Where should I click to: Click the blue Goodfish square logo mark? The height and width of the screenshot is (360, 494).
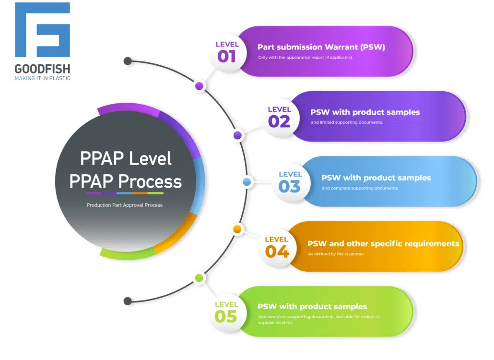tap(42, 30)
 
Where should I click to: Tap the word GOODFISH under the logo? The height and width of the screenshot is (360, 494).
tap(42, 69)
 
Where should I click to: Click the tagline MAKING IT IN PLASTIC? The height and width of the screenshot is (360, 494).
tap(42, 78)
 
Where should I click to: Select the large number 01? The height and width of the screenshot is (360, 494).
tap(226, 57)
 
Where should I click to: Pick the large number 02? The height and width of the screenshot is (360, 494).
tap(279, 121)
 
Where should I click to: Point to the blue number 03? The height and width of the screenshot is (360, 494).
tap(290, 186)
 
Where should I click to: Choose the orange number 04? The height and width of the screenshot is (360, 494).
tap(277, 252)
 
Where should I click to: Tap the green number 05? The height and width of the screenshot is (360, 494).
tap(225, 316)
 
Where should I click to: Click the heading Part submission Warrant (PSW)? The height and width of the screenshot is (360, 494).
tap(321, 48)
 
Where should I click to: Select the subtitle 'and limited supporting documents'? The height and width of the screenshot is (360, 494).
tap(347, 122)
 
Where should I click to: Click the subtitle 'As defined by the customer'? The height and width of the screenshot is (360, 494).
tap(336, 254)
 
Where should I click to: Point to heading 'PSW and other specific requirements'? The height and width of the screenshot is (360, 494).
tap(383, 244)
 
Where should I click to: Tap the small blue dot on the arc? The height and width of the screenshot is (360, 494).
tap(247, 181)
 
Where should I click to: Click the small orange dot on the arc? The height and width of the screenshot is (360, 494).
tap(237, 229)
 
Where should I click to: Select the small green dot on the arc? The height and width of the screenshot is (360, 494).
tap(199, 278)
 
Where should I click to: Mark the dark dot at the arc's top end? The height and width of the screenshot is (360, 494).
tap(128, 61)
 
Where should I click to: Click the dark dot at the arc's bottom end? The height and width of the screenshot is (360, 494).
tap(128, 301)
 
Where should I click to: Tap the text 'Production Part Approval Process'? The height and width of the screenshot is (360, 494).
tap(124, 205)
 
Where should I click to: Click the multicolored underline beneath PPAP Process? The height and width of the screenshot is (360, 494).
tap(124, 193)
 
